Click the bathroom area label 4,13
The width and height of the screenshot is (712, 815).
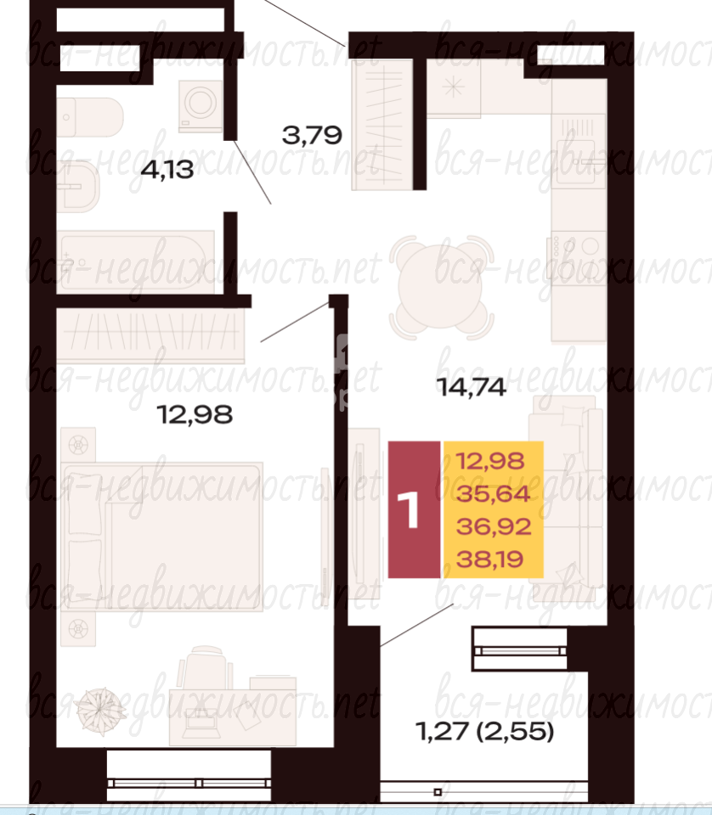click(x=167, y=170)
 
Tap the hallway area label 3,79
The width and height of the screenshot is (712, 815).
click(x=312, y=135)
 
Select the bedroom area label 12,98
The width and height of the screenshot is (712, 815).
click(x=195, y=415)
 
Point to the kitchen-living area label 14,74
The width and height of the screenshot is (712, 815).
click(x=472, y=387)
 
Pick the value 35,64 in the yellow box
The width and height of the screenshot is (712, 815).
click(x=493, y=494)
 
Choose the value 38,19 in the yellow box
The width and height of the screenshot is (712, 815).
click(x=489, y=559)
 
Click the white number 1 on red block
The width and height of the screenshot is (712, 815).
click(x=409, y=510)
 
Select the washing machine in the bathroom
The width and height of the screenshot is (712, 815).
click(x=201, y=105)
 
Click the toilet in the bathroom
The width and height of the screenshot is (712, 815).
click(x=89, y=117)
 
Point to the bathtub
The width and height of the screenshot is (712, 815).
click(x=135, y=261)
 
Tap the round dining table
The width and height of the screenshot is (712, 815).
click(x=441, y=285)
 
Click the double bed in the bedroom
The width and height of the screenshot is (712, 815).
click(x=161, y=537)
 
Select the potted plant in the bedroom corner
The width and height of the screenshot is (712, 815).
click(x=101, y=711)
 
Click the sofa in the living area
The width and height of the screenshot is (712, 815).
click(x=567, y=499)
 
